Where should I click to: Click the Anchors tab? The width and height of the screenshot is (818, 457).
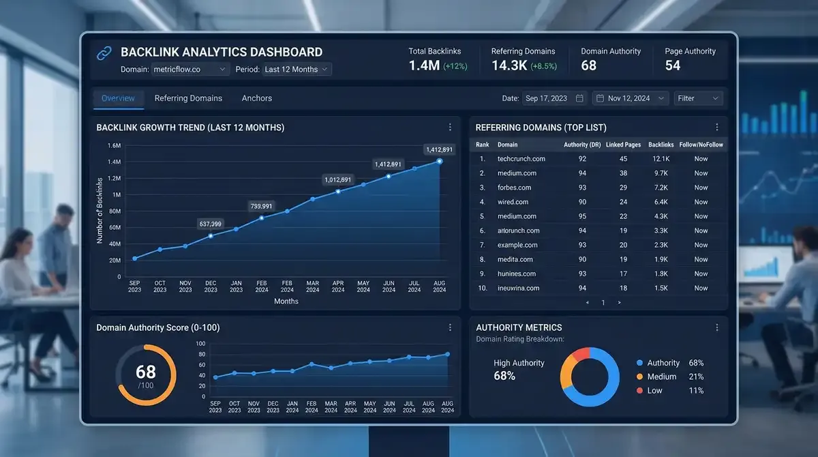256,98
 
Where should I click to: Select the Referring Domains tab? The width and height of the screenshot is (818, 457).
188,98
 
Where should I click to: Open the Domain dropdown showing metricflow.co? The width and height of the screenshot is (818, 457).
191,70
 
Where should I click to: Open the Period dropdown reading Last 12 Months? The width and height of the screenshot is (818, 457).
297,70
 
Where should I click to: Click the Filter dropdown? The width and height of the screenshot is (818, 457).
698,98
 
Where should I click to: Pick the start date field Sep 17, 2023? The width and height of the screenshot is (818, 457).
554,98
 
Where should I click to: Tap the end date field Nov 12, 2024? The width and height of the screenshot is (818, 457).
630,98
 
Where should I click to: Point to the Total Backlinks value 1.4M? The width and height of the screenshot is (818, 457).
424,65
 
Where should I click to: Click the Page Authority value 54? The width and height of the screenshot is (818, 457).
673,65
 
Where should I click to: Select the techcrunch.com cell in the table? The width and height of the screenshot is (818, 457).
521,159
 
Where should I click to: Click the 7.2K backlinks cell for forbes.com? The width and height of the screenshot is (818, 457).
661,188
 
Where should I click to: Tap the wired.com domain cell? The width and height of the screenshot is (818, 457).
513,202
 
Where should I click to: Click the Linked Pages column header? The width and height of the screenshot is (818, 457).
623,145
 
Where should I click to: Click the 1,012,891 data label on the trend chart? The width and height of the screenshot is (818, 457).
338,180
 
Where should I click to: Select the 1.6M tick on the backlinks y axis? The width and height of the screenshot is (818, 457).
114,146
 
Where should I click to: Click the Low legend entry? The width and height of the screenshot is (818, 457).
654,391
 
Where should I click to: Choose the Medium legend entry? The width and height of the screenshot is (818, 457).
661,377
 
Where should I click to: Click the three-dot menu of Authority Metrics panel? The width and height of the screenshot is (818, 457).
716,327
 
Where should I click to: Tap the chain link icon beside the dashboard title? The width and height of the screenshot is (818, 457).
104,53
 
